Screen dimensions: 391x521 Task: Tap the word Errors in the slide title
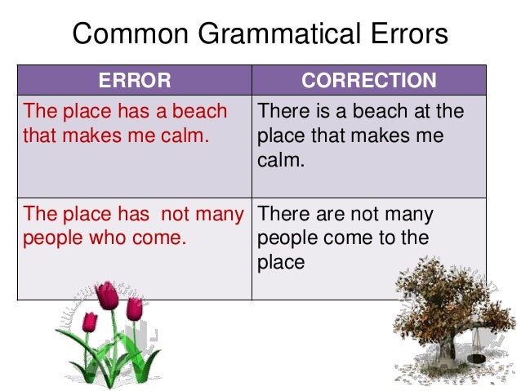point(408,34)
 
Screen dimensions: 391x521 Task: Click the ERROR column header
point(135,80)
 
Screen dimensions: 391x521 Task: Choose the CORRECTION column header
point(369,80)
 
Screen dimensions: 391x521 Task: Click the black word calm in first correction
point(280,159)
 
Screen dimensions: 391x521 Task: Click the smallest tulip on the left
point(88,320)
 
